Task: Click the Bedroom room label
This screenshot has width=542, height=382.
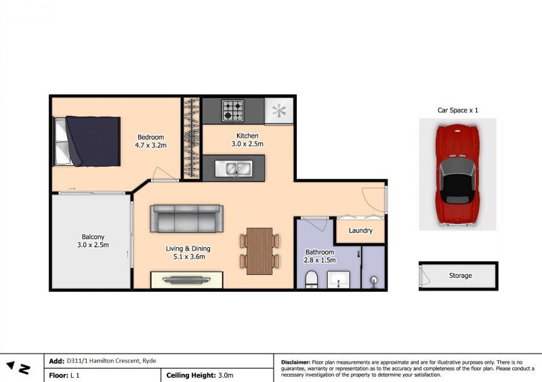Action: tap(150, 137)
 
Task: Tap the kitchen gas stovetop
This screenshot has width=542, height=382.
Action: tap(233, 110)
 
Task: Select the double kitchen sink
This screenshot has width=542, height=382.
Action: tap(234, 169)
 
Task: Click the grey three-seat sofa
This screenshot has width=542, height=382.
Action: tap(187, 219)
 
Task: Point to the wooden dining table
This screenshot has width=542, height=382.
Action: tap(259, 251)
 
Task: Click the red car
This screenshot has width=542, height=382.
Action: tap(458, 175)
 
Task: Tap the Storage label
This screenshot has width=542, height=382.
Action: tap(461, 276)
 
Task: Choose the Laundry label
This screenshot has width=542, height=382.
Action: tap(360, 230)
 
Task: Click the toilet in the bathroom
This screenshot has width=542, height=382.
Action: tap(312, 279)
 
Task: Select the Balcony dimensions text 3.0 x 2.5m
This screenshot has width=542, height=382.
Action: tap(93, 245)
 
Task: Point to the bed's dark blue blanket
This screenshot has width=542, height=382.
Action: tap(93, 141)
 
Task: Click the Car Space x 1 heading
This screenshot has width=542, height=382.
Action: tap(458, 110)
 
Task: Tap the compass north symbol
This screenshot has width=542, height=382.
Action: tap(20, 368)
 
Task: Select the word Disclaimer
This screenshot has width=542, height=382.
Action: tap(296, 362)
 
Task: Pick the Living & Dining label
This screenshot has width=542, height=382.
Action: tap(188, 249)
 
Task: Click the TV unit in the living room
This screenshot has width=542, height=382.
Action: tap(187, 280)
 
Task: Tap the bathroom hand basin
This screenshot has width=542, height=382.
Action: tap(338, 280)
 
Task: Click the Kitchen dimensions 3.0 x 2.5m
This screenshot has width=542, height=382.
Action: tap(247, 144)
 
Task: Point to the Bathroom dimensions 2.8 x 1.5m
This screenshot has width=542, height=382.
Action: tap(320, 260)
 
